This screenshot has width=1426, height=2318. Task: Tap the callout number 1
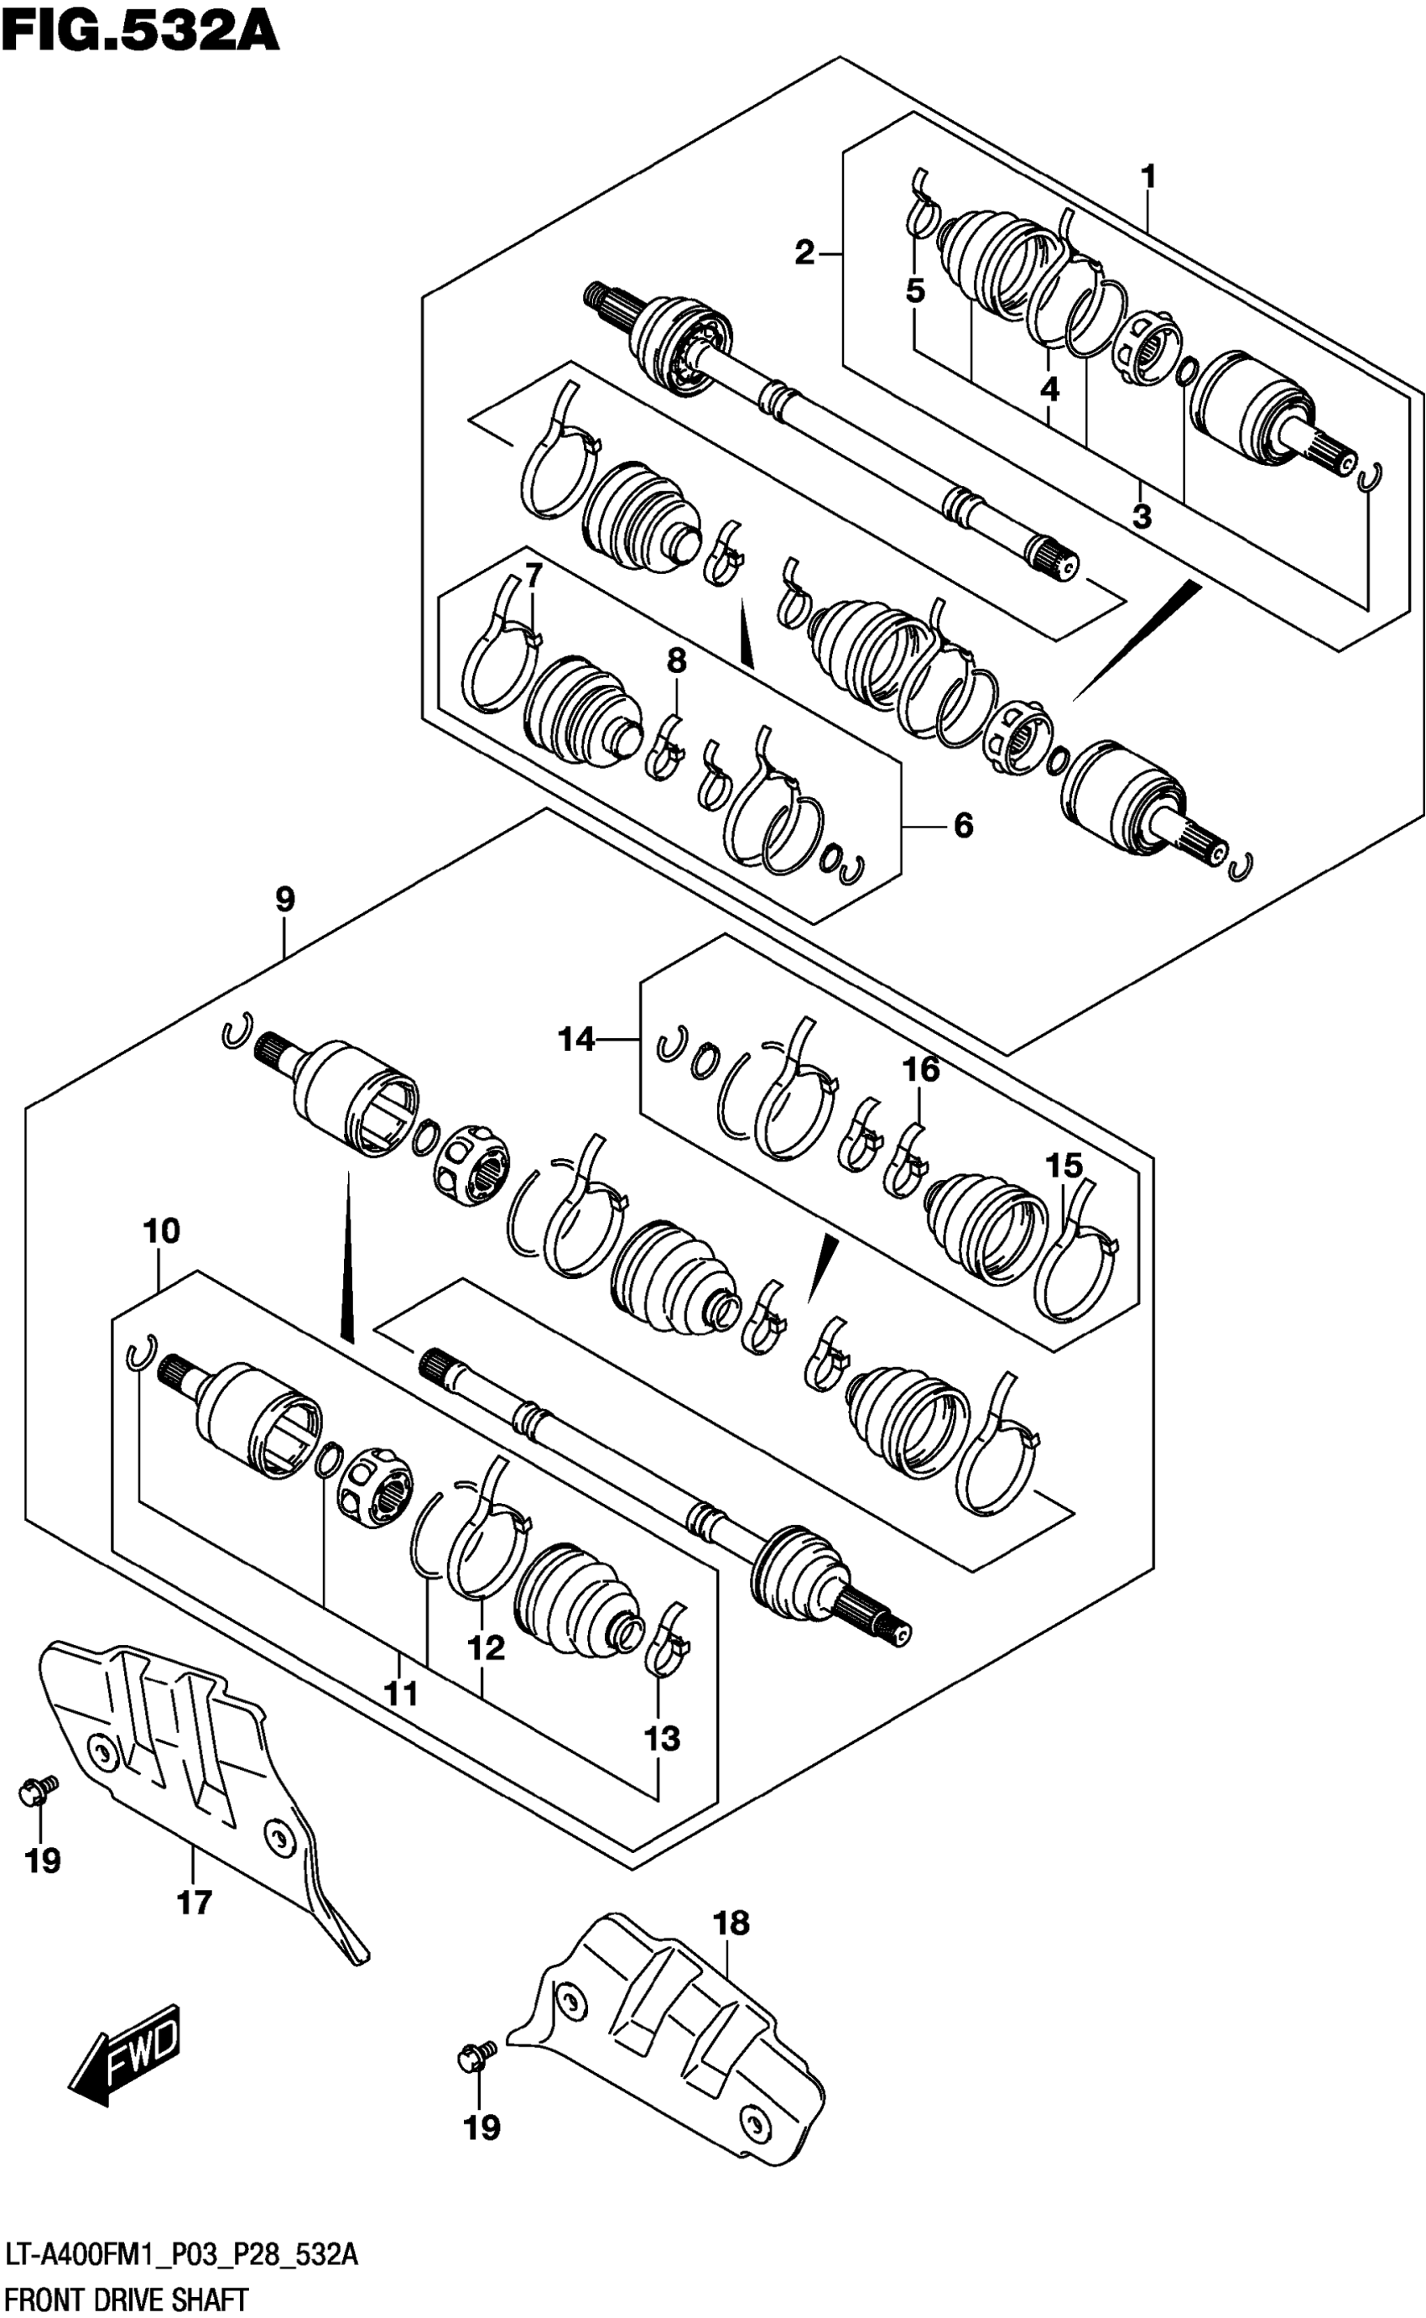[x=1148, y=176]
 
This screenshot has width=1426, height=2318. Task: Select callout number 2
[x=804, y=253]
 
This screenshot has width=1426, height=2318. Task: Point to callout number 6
[x=963, y=826]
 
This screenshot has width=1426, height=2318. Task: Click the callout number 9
[x=285, y=899]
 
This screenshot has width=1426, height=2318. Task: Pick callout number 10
[x=161, y=1230]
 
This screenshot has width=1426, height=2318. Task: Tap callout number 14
[x=576, y=1040]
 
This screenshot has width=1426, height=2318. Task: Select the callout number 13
[x=662, y=1738]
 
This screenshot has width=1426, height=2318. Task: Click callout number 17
[x=195, y=1903]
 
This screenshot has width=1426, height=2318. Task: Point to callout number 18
[x=731, y=1923]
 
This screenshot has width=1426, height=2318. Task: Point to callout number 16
[x=921, y=1069]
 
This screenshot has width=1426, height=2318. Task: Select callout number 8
[x=676, y=661]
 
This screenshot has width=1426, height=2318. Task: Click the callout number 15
[x=1063, y=1166]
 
